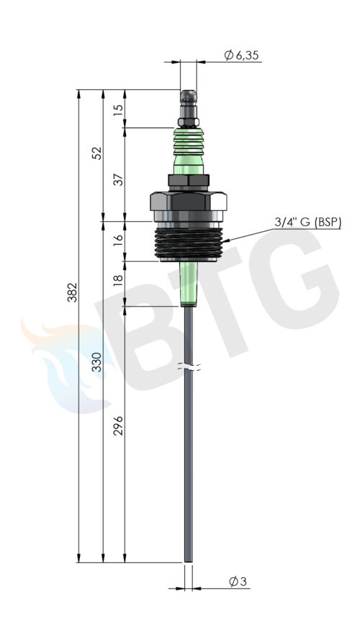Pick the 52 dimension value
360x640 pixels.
(97, 153)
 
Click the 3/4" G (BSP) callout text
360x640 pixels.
(307, 222)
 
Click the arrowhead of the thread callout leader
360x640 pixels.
(226, 241)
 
